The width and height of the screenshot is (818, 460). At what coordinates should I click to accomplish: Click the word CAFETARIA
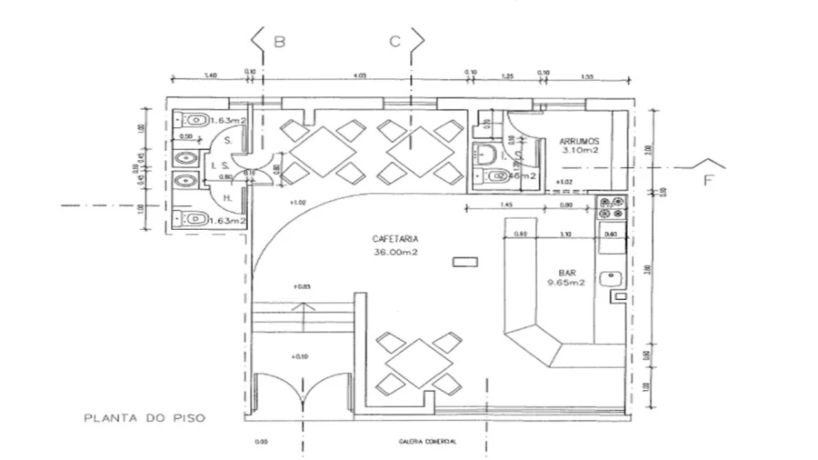tap(389, 239)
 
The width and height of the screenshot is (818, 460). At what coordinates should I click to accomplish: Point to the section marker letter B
tap(280, 42)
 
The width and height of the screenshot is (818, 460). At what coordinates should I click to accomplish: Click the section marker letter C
tap(394, 42)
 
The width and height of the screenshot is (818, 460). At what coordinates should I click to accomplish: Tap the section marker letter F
tap(709, 180)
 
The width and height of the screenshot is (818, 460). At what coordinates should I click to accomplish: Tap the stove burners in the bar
tap(609, 205)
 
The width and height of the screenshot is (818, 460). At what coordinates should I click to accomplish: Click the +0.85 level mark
tap(302, 287)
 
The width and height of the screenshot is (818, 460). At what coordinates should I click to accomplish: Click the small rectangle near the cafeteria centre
tap(464, 263)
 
